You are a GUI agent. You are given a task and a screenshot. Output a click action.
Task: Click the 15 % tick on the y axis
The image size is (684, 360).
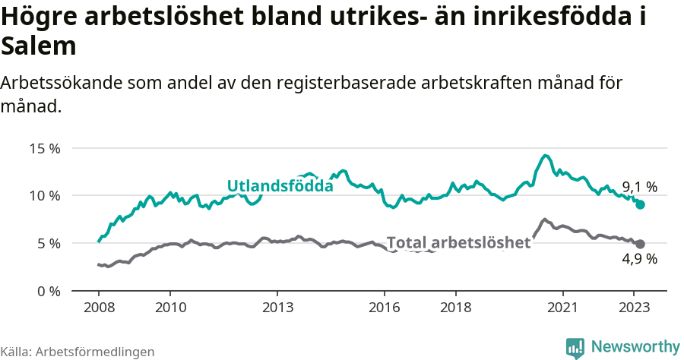(45, 148)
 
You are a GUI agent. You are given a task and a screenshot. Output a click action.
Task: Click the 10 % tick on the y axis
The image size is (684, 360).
(45, 196)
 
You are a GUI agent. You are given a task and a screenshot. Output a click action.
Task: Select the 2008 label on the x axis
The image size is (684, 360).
(99, 308)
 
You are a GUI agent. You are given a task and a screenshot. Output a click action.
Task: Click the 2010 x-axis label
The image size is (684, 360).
(170, 308)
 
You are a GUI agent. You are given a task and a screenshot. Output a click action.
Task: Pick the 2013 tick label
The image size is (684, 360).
(277, 308)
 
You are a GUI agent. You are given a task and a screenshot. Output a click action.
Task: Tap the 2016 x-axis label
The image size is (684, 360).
(385, 308)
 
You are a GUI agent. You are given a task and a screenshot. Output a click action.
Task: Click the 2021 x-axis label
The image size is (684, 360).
(563, 308)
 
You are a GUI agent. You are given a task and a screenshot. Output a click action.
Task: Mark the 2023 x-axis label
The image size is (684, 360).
(635, 308)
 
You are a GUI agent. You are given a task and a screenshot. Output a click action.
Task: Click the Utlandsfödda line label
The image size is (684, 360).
(280, 186)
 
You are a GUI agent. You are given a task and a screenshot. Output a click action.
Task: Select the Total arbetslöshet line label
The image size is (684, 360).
(458, 243)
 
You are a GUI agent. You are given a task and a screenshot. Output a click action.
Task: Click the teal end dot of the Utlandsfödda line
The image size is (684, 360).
(640, 205)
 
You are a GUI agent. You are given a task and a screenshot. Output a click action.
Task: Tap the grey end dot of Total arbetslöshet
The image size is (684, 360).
(640, 244)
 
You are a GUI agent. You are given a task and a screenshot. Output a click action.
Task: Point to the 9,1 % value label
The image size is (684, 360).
(639, 187)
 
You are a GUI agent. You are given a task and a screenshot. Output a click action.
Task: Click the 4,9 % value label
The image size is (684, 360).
(639, 260)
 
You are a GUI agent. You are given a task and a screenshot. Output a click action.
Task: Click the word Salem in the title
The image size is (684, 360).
(39, 46)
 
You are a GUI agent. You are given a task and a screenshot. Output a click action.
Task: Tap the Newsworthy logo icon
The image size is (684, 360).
(575, 347)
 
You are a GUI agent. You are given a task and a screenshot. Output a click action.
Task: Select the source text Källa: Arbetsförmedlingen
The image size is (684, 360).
(78, 352)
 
